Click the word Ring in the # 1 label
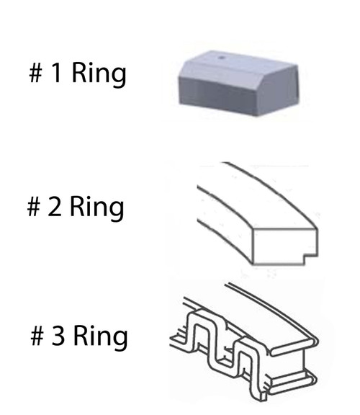(x=99, y=74)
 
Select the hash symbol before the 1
(x=36, y=73)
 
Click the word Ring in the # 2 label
(x=96, y=208)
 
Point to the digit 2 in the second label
(x=54, y=206)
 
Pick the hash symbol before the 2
(x=34, y=207)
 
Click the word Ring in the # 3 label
(x=101, y=336)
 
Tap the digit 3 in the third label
(x=58, y=335)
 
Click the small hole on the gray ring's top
(x=222, y=58)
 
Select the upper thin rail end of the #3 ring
(x=294, y=346)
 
